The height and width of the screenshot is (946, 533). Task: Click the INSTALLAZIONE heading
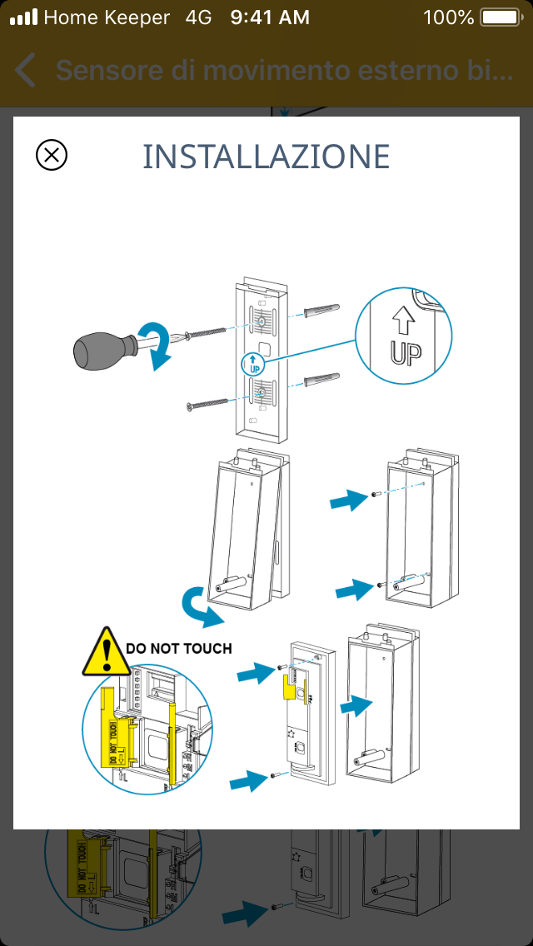point(266,157)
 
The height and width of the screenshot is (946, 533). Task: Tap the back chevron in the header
point(26,71)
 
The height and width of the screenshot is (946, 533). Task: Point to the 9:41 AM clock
point(269,17)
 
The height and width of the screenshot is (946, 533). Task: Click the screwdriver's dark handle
point(101,348)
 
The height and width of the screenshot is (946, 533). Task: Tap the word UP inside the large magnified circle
point(406,351)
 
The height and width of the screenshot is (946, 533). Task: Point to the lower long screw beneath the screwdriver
point(207,404)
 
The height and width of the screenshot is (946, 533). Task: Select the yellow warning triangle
point(104,652)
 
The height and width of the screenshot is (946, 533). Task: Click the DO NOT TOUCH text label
point(178,647)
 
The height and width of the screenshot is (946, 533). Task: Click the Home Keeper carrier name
point(107,17)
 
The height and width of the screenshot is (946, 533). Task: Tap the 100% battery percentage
point(448,17)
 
